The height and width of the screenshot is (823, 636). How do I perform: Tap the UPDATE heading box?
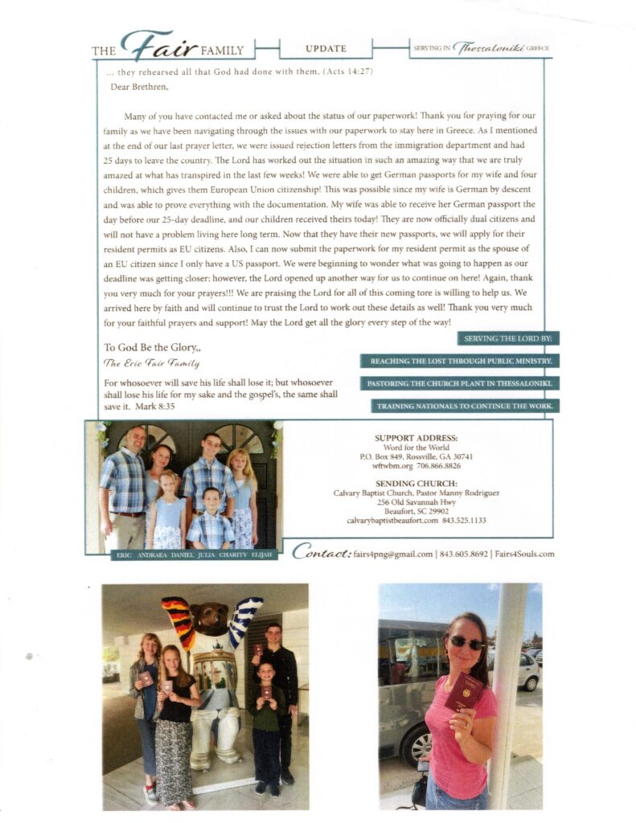click(326, 49)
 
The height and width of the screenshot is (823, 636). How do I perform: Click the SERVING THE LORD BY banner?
click(507, 339)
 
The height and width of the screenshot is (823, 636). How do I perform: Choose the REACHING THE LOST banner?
click(460, 362)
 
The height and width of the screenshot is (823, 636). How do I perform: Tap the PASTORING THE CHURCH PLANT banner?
click(460, 383)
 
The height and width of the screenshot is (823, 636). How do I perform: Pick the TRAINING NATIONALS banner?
click(465, 406)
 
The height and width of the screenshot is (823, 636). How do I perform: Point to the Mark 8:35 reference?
click(155, 407)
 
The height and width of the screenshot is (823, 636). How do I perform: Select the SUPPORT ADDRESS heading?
click(416, 438)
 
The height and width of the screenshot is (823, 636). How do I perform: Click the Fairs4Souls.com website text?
click(523, 554)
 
